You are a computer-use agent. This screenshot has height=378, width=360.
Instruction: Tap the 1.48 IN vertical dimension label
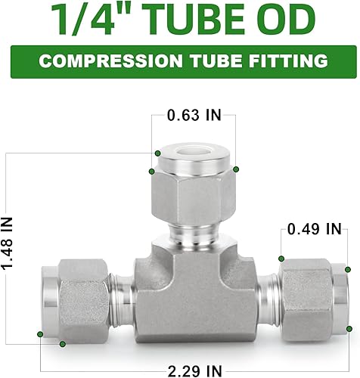click(x=10, y=246)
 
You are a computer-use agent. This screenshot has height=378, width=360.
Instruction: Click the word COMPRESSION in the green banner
click(x=107, y=60)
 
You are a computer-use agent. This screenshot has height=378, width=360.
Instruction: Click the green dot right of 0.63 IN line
click(x=236, y=169)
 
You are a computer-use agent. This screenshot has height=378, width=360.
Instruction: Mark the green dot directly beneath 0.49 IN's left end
click(x=281, y=257)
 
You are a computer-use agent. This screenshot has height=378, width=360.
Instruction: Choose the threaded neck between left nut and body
click(x=121, y=296)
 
